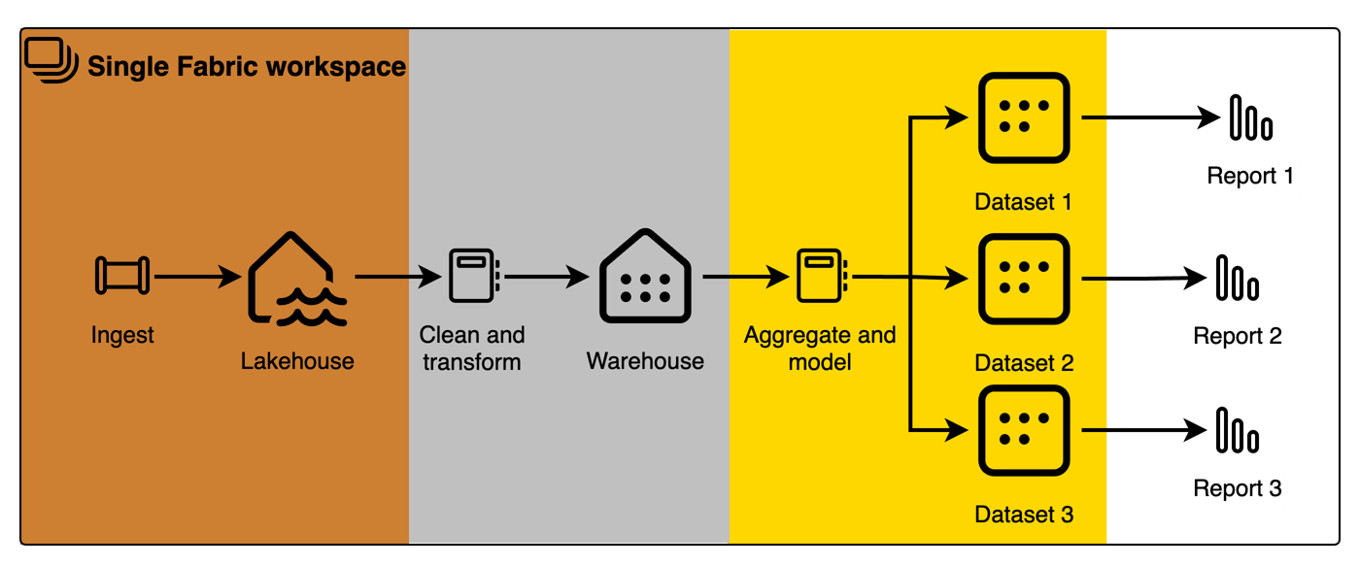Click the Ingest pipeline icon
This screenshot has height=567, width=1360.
122,276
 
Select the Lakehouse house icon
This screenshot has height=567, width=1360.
296,281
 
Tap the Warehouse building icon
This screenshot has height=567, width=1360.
645,277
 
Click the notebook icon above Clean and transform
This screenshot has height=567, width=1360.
472,276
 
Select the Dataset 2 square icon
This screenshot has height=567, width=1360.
1023,279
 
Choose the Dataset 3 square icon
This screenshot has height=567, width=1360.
1023,430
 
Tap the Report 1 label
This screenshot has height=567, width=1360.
1252,177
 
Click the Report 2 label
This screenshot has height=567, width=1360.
1238,337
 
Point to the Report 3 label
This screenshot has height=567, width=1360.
1238,489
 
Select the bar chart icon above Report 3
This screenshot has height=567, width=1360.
1237,430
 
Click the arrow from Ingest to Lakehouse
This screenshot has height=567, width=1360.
197,278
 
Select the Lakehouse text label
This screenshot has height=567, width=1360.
297,362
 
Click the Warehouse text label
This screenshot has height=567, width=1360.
645,361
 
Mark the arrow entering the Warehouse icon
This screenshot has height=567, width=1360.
546,277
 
